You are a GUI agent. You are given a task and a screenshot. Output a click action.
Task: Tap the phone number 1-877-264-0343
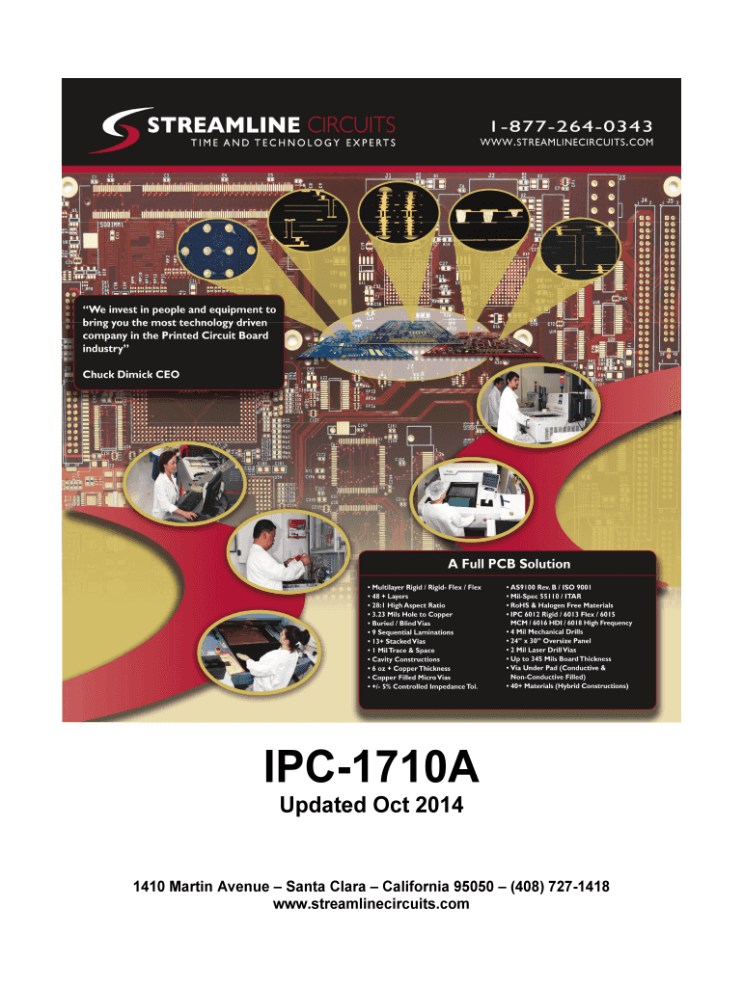tap(570, 126)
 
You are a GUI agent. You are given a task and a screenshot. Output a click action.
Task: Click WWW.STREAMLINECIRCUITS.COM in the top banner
tap(566, 144)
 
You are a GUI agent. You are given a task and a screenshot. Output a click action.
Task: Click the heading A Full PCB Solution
tap(508, 564)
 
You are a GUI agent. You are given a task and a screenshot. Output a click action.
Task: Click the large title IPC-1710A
tap(371, 771)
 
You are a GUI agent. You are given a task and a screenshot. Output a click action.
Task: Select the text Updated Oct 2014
tap(371, 805)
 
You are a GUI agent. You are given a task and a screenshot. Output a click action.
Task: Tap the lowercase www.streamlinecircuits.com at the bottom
tap(371, 903)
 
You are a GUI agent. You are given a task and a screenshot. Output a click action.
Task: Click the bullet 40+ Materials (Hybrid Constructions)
tap(568, 685)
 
